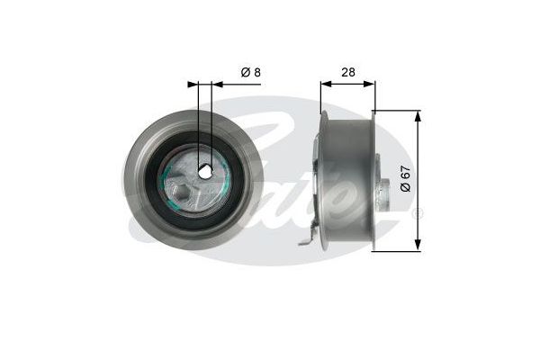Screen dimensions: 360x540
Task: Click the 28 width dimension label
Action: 347,72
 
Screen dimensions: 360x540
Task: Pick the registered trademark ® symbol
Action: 416,214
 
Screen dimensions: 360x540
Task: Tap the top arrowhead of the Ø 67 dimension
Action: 418,115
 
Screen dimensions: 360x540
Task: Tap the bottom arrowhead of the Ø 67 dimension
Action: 418,244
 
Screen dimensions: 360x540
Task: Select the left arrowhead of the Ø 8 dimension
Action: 193,84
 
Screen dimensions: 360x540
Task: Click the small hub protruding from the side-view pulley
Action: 383,189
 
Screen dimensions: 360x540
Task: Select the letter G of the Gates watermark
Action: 270,135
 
